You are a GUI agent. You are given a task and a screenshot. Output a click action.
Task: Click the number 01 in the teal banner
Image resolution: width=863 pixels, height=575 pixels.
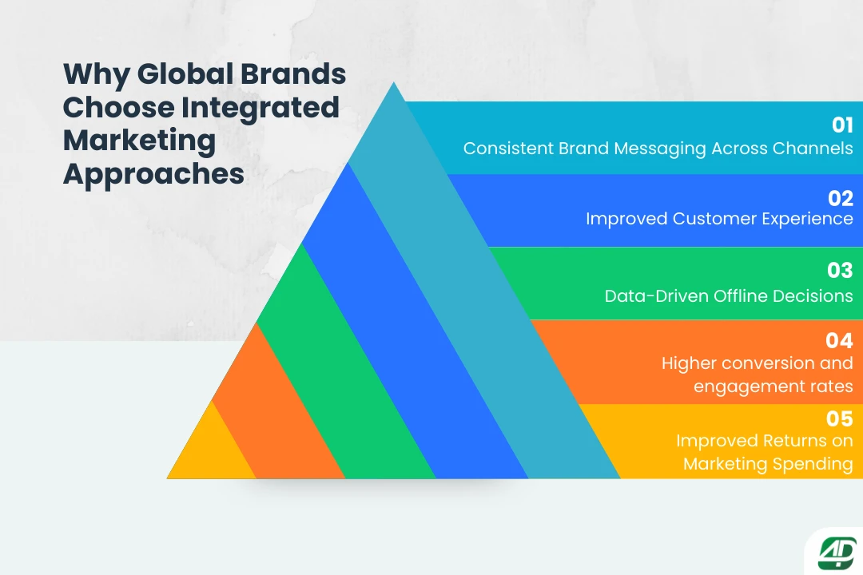tap(842, 125)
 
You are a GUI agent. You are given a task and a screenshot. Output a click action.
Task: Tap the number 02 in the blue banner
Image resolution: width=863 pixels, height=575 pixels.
tap(841, 198)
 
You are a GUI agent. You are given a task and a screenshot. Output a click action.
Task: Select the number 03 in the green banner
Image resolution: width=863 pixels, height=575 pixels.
tap(840, 271)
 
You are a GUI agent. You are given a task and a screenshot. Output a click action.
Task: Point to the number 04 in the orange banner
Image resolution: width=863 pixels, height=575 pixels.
tap(840, 341)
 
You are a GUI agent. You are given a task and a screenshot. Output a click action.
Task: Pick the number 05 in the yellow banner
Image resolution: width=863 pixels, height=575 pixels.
tap(840, 418)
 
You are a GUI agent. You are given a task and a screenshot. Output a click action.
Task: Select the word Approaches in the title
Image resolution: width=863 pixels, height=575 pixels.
tap(153, 173)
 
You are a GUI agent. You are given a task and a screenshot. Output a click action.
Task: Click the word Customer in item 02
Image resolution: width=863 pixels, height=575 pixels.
tap(710, 219)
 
